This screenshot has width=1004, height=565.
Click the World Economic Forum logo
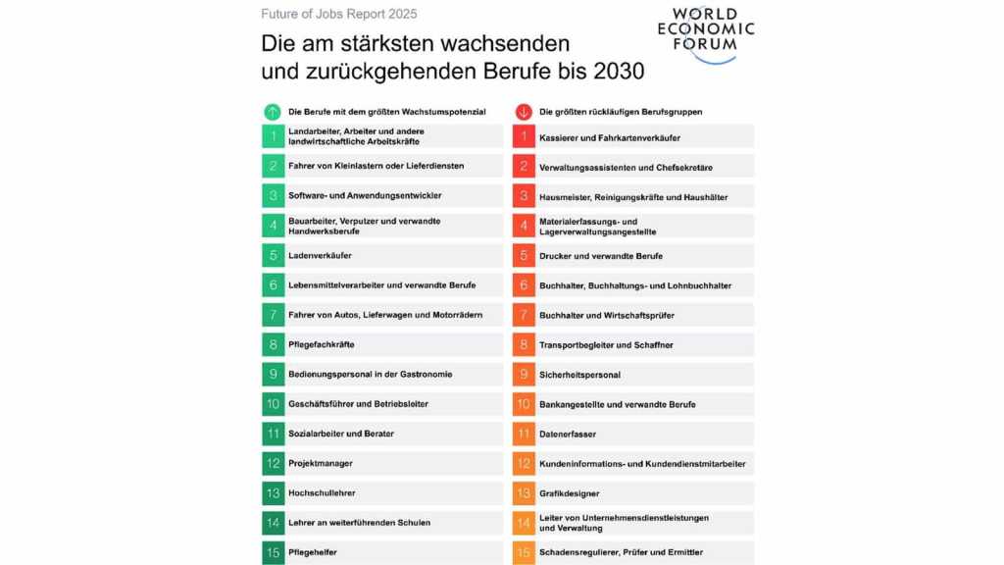pyautogui.click(x=705, y=34)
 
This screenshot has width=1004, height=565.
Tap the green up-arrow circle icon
pyautogui.click(x=272, y=112)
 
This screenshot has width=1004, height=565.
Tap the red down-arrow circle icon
pyautogui.click(x=523, y=112)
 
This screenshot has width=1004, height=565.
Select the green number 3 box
pyautogui.click(x=273, y=196)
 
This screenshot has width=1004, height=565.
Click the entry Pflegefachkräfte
pyautogui.click(x=321, y=345)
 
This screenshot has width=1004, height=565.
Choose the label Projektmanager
pyautogui.click(x=320, y=463)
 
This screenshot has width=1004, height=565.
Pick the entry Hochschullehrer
pyautogui.click(x=322, y=493)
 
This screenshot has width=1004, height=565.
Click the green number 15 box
pyautogui.click(x=273, y=553)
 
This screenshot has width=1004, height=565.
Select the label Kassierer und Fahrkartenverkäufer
pyautogui.click(x=609, y=137)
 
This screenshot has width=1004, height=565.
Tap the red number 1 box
pyautogui.click(x=524, y=137)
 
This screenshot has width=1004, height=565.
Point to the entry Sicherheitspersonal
pyautogui.click(x=579, y=375)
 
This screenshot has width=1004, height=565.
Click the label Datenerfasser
pyautogui.click(x=567, y=434)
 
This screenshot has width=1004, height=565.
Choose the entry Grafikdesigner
pyautogui.click(x=569, y=493)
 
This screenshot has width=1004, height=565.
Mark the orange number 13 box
pyautogui.click(x=524, y=493)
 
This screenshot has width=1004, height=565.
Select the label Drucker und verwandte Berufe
pyautogui.click(x=600, y=256)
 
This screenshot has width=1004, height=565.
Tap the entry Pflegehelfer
pyautogui.click(x=314, y=552)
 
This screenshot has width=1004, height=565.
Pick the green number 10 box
pyautogui.click(x=273, y=404)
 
